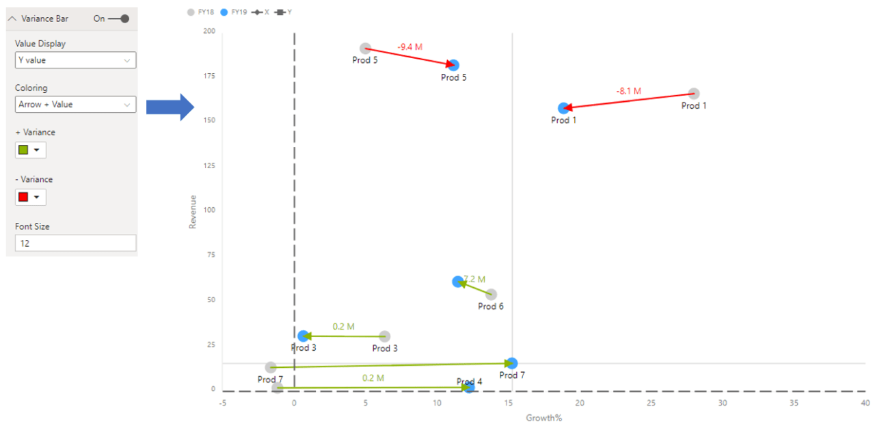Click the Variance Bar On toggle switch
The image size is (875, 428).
118,18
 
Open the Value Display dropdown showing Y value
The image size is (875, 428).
75,60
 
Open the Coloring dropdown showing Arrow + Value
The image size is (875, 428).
75,105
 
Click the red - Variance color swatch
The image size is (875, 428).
23,197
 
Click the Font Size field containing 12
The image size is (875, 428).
75,243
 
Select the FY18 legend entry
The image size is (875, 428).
201,12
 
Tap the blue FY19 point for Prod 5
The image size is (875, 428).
453,65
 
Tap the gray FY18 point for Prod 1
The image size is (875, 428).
694,94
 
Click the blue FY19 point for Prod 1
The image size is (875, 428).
563,108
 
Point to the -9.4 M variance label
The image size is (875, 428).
410,46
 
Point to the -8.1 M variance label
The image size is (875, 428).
628,91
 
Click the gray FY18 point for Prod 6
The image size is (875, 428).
491,295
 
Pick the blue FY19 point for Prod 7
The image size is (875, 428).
512,363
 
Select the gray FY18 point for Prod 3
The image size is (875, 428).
385,336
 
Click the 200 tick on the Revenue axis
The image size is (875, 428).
208,31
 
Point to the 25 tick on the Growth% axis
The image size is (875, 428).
651,403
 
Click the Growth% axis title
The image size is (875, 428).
543,417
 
